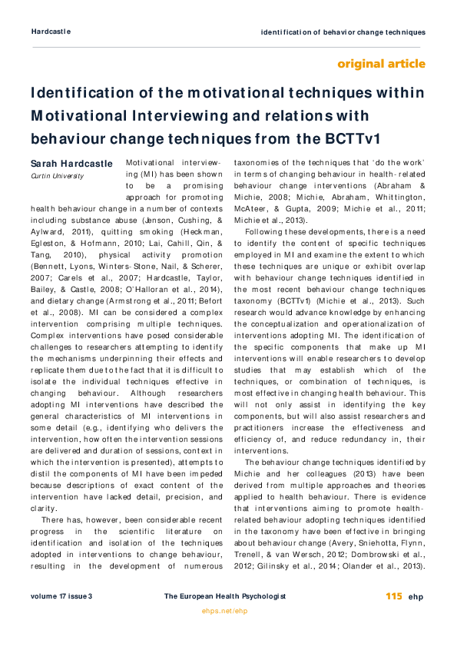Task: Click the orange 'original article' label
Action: [381, 63]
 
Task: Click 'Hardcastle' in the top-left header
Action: [51, 32]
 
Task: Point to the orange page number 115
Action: [394, 596]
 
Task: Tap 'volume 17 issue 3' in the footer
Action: [61, 596]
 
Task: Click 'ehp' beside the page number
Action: [416, 596]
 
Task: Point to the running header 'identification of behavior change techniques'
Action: [343, 32]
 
